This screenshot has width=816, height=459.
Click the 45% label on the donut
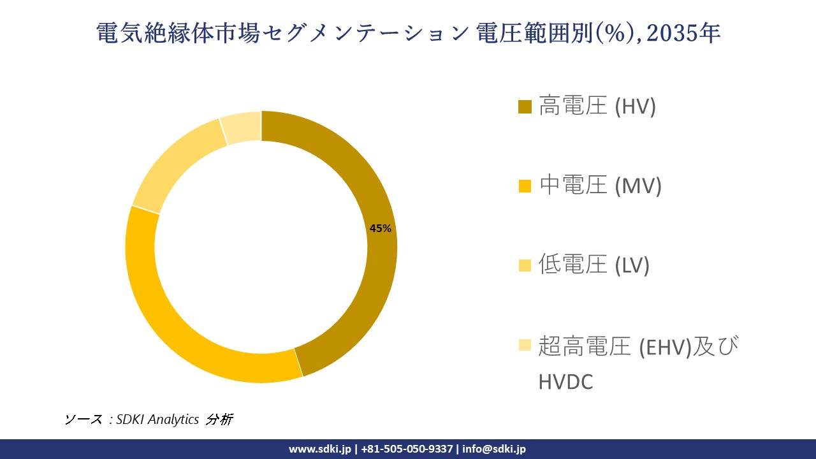pos(380,228)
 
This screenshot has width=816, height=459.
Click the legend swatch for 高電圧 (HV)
pos(525,106)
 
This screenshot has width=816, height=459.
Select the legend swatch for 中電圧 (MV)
pos(525,186)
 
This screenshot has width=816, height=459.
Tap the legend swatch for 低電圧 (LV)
pos(525,265)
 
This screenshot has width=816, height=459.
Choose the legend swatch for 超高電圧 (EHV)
pos(525,345)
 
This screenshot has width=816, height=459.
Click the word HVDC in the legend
pos(566,381)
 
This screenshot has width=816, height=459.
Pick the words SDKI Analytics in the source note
pos(157,419)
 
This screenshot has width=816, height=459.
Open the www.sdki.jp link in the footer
pos(320,449)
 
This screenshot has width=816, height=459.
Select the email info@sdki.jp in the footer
pos(494,449)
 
